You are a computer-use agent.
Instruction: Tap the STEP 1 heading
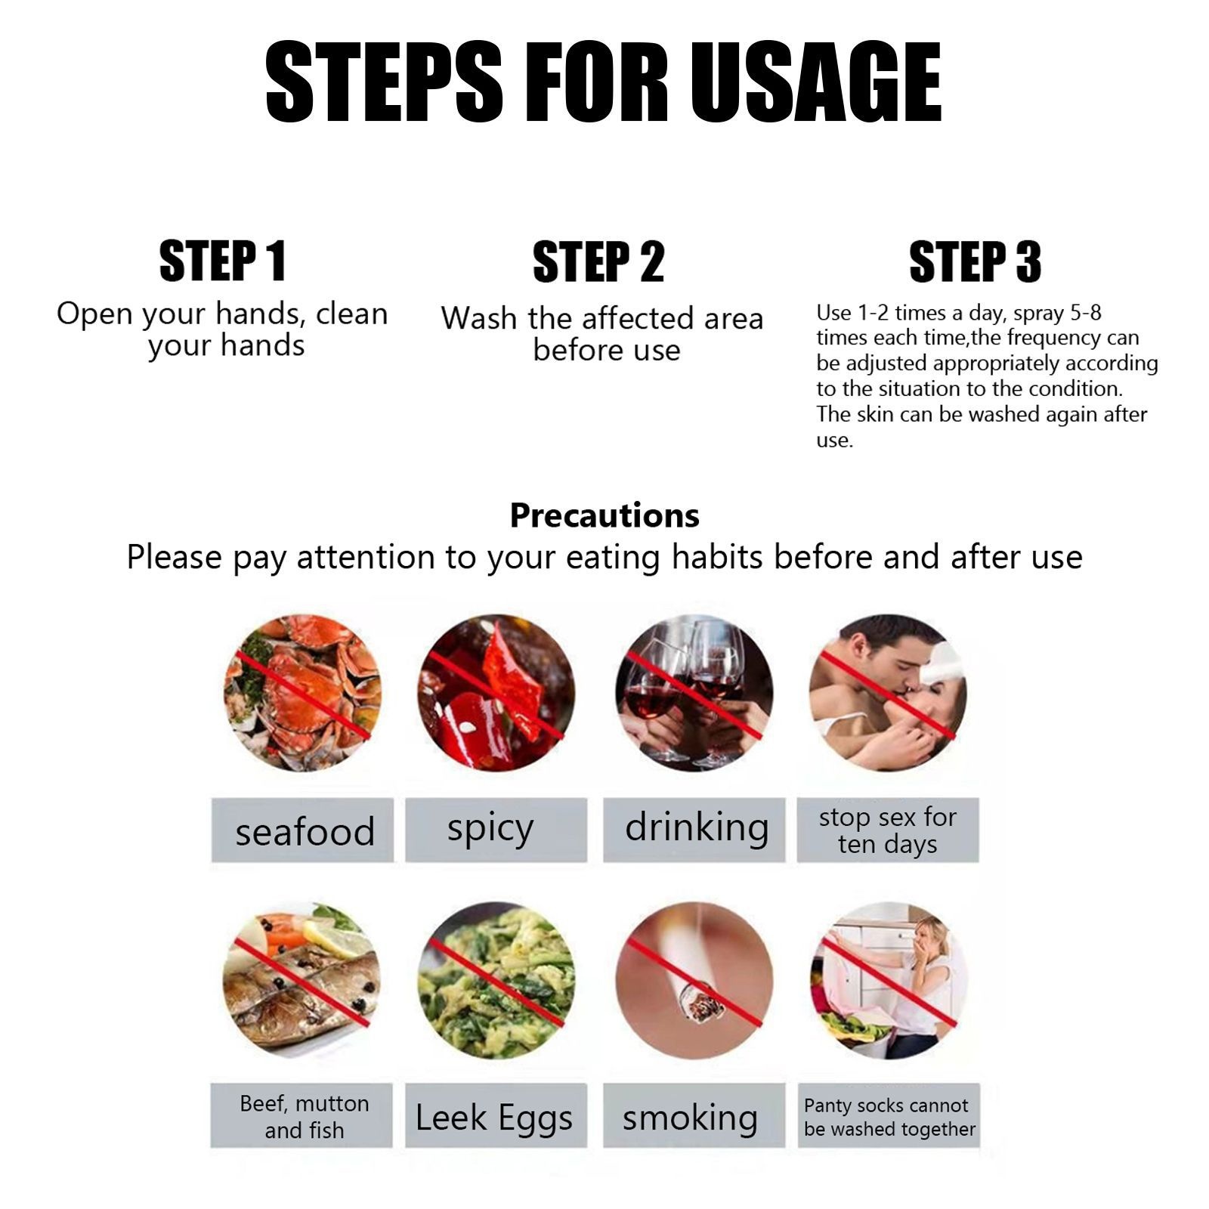point(223,261)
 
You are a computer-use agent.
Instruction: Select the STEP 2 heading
point(598,262)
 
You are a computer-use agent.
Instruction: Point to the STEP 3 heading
point(975,262)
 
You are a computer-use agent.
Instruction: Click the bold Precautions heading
point(604,515)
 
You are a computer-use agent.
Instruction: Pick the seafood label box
point(302,830)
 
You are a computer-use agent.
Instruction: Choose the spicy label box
point(496,830)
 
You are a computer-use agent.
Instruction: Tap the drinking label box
point(694,830)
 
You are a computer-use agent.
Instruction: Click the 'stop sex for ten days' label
point(888,830)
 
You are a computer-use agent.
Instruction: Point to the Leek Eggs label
point(496,1115)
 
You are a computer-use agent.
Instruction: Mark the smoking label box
point(694,1115)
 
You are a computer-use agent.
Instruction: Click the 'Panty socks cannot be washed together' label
point(889,1115)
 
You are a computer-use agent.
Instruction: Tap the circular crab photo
point(302,692)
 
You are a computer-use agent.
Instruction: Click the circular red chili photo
point(496,692)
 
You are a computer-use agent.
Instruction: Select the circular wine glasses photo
point(694,692)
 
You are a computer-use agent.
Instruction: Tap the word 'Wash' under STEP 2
point(481,318)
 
